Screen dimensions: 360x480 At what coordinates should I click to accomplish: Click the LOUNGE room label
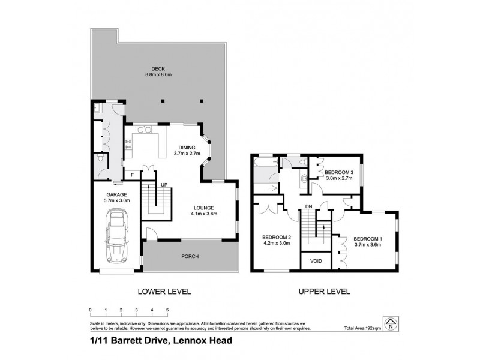coord(204,208)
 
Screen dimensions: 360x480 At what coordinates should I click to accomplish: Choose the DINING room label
coord(188,149)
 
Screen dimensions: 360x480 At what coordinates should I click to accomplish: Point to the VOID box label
coord(315,262)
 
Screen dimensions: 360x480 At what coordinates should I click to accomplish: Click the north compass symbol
coord(392,323)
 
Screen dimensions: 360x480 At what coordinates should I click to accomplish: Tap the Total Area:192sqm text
coord(364,329)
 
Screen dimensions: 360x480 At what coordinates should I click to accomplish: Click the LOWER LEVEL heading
coord(164,292)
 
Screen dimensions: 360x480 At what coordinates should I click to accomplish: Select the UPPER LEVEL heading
coord(324,292)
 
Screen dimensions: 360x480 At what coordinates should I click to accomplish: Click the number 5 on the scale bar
coord(167,310)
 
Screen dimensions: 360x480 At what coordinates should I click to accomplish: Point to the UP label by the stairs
coord(163,185)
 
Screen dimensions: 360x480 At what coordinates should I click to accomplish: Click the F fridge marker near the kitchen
coord(133,175)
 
